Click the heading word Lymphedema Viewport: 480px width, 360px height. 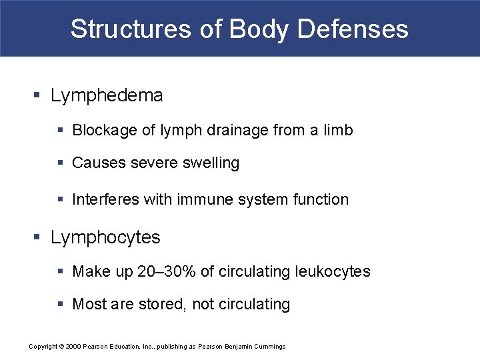(107, 95)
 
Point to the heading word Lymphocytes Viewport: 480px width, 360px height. (105, 237)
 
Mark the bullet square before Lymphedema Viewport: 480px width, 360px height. (37, 96)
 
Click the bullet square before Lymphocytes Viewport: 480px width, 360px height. (37, 237)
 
